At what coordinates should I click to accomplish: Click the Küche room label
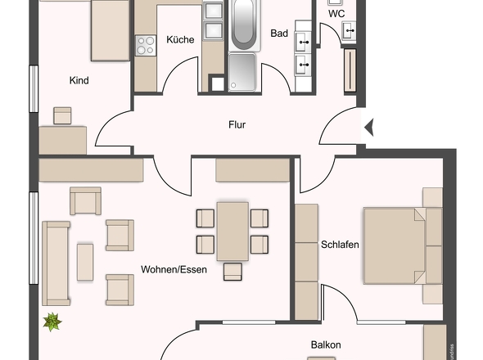click(179, 39)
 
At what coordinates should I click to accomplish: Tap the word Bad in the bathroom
click(279, 34)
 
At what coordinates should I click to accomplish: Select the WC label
click(336, 14)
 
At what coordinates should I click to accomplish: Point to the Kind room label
click(79, 80)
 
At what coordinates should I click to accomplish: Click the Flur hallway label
click(237, 125)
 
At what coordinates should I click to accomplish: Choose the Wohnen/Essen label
click(174, 269)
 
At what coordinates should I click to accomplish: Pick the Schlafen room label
click(341, 245)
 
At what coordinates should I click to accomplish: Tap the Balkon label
click(325, 345)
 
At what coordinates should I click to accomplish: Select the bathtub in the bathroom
click(243, 25)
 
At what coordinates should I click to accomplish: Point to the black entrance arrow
click(368, 127)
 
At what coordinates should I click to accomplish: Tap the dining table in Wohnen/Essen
click(232, 230)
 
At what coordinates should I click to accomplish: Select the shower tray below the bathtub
click(243, 70)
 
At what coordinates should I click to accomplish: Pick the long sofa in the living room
click(56, 262)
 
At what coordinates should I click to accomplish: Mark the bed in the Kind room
click(109, 29)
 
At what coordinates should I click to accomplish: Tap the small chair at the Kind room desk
click(63, 115)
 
